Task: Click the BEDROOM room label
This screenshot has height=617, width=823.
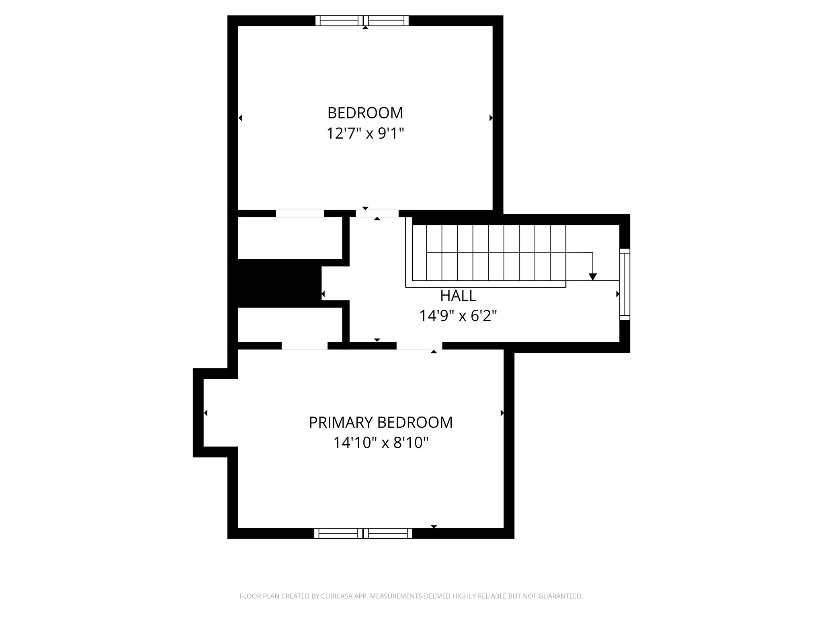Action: (365, 113)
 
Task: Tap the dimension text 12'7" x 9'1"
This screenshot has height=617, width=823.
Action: (365, 133)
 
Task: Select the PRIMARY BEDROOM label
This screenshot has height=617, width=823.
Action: (381, 423)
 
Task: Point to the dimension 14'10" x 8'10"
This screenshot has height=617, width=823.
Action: (381, 443)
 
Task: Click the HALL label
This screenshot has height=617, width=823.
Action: (458, 296)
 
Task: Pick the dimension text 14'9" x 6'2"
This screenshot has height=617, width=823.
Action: (458, 316)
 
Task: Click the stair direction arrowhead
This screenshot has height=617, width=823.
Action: (593, 277)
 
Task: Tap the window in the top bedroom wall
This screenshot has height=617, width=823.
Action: (362, 20)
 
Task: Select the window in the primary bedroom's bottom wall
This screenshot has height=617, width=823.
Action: (363, 533)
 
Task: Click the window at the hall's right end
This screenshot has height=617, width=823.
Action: (624, 284)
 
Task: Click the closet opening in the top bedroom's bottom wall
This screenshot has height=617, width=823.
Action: (300, 213)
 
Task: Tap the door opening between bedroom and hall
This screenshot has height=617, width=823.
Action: (377, 213)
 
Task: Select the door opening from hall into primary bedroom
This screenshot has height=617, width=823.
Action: (419, 346)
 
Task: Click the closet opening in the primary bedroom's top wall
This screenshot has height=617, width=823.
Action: (305, 346)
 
